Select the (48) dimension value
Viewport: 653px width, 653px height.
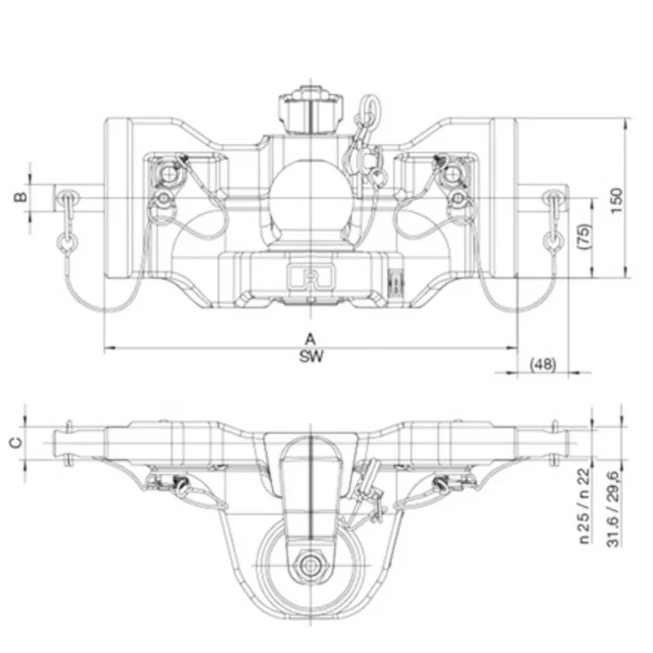pyautogui.click(x=543, y=364)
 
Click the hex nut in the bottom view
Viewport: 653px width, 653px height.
pyautogui.click(x=311, y=563)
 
